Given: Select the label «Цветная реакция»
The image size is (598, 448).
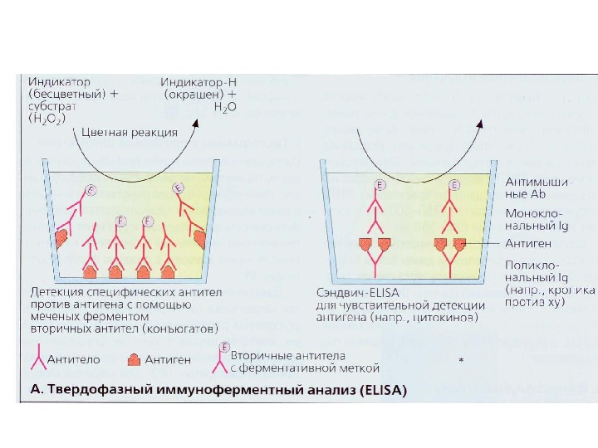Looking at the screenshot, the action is pyautogui.click(x=129, y=132).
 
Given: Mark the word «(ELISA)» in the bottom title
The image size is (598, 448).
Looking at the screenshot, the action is pyautogui.click(x=380, y=391).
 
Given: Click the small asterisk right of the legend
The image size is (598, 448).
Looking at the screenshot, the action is pyautogui.click(x=461, y=361).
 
